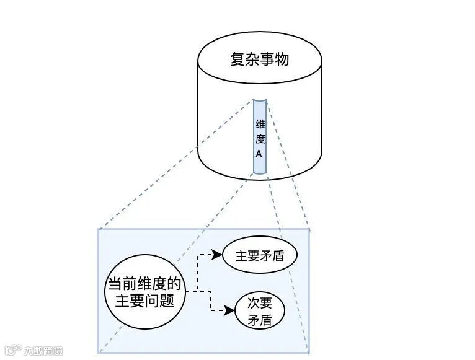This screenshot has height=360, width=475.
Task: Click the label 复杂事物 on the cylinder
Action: click(260, 60)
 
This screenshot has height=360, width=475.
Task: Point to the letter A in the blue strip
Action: click(259, 153)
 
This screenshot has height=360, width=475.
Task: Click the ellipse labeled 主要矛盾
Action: click(260, 255)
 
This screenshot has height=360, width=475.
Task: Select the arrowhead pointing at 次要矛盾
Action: click(232, 310)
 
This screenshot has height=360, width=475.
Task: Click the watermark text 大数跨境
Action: click(43, 351)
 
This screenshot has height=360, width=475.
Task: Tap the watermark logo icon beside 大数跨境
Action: click(13, 351)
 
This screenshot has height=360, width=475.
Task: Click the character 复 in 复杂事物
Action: click(238, 60)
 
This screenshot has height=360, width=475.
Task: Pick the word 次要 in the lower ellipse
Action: click(260, 303)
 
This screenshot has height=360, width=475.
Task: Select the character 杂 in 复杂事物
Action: click(252, 60)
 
